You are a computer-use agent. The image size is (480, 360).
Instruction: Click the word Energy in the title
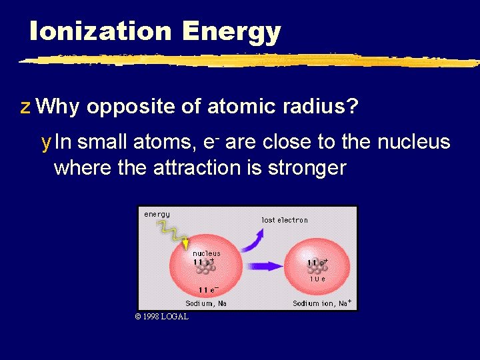click(x=231, y=32)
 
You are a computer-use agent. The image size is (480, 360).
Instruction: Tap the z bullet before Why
click(x=25, y=107)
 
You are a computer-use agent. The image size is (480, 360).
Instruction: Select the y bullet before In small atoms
click(x=45, y=143)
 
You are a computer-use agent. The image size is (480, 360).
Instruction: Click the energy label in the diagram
click(x=157, y=214)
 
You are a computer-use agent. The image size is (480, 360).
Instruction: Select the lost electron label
click(x=285, y=219)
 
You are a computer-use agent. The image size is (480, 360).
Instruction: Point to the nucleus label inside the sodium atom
click(x=206, y=253)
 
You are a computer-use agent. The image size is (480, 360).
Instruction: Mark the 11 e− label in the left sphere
click(x=209, y=289)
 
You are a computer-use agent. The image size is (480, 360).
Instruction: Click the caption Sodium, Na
click(x=206, y=303)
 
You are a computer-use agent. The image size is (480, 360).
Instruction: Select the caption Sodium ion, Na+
click(x=322, y=303)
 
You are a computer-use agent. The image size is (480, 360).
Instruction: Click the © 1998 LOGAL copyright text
click(x=161, y=317)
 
